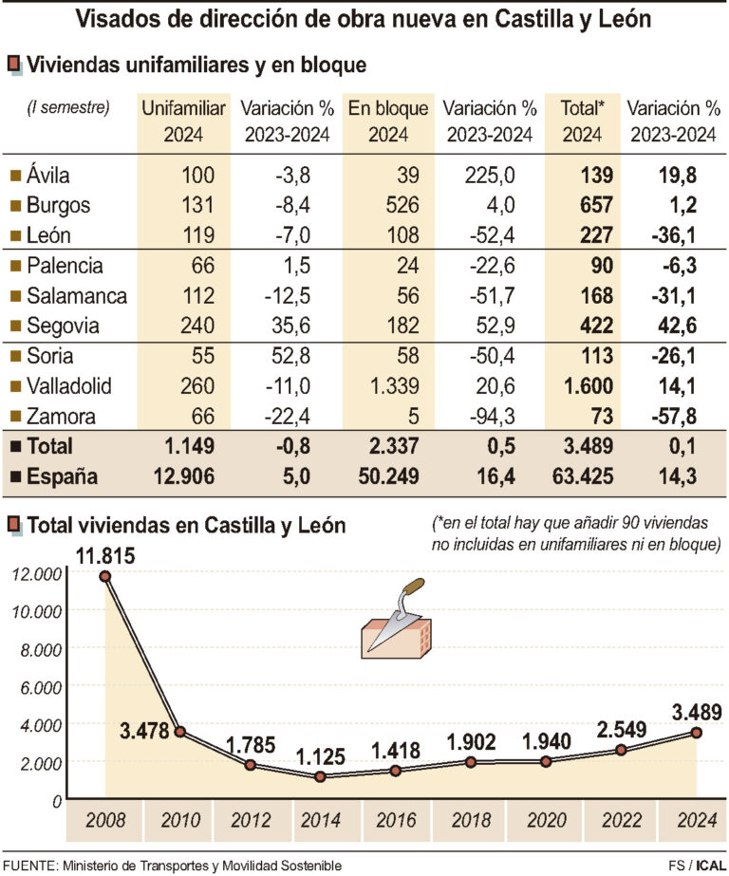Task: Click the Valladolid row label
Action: [70, 386]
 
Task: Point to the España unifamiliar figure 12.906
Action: [186, 476]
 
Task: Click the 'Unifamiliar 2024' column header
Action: [183, 121]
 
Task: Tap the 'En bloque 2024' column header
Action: [388, 121]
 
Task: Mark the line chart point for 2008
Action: [105, 576]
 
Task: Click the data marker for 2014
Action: [321, 776]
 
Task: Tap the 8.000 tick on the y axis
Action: [35, 648]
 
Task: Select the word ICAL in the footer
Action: [709, 864]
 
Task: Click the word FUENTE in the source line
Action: [31, 865]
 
